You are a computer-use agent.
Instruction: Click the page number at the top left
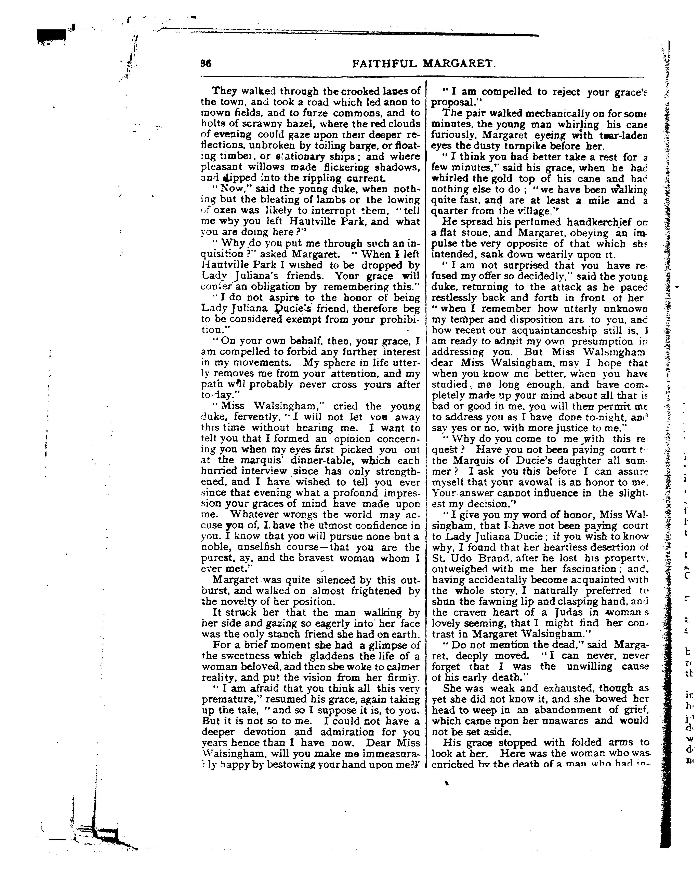[x=206, y=64]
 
